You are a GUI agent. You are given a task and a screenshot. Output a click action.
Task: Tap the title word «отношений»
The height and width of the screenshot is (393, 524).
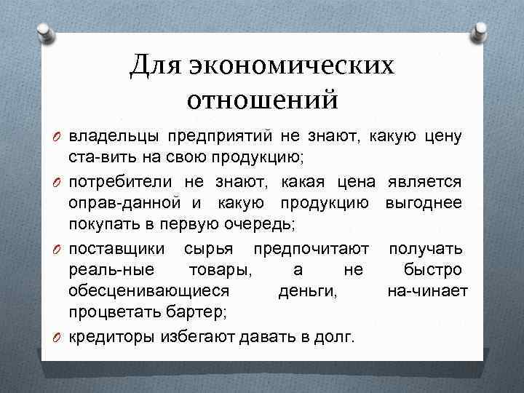coord(263,99)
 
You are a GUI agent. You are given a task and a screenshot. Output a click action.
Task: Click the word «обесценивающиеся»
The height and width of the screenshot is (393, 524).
coord(148,292)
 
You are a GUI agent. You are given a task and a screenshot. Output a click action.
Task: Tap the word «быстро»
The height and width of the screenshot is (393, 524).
coord(432,271)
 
